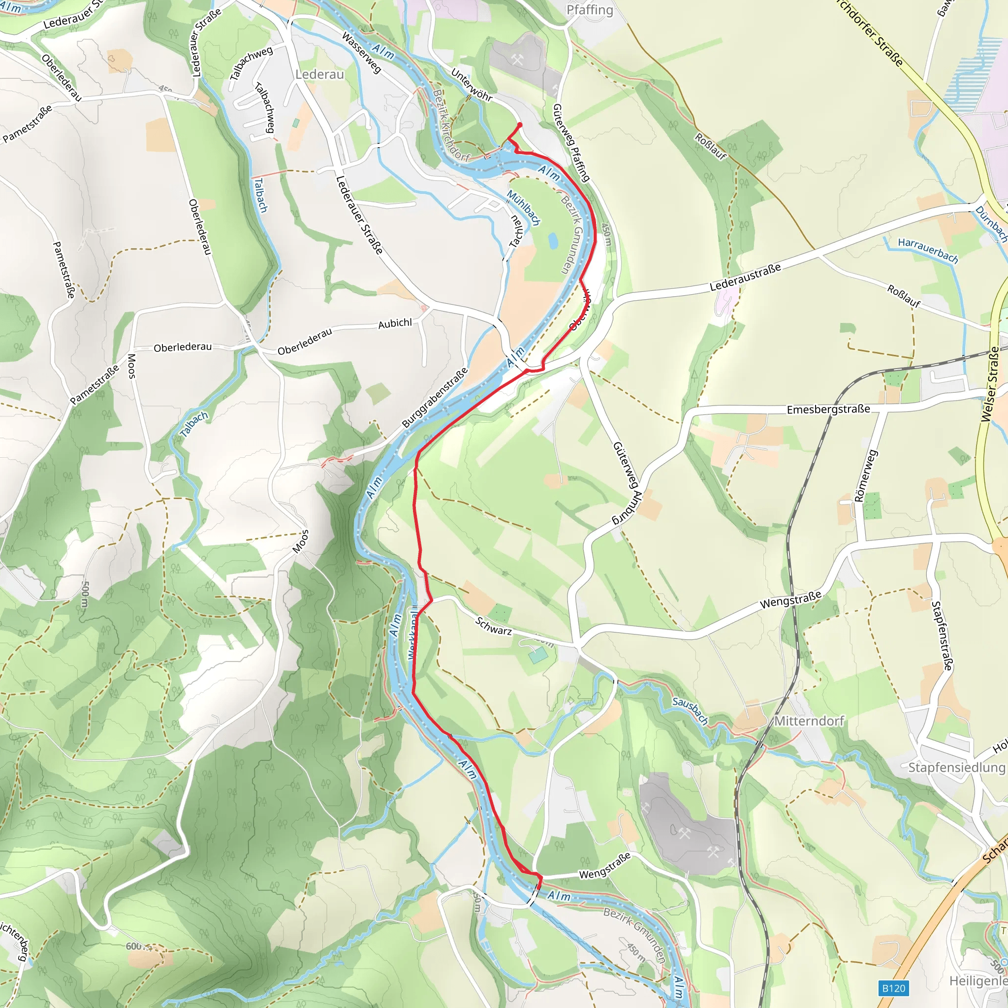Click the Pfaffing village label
590,10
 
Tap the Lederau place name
319,75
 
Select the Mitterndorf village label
809,721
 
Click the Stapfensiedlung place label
956,767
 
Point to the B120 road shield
893,988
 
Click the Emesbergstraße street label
828,409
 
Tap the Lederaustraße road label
745,278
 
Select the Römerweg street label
865,476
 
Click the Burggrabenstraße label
435,398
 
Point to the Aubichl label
395,323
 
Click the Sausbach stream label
690,711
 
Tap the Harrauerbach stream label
928,251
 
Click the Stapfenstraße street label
942,635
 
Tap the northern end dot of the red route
519,125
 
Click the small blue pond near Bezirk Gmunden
553,241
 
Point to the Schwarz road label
493,626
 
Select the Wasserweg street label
361,52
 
